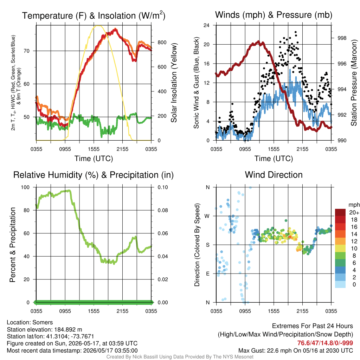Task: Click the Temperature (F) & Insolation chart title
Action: click(94, 15)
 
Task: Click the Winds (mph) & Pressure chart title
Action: click(274, 15)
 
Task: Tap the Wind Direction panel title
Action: click(274, 175)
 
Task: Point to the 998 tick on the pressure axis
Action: click(342, 38)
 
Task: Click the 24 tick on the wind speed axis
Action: click(206, 25)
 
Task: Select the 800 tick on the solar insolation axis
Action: click(162, 43)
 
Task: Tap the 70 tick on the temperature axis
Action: click(27, 51)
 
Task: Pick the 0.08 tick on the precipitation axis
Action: click(163, 210)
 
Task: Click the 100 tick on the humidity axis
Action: click(25, 187)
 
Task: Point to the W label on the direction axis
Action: click(207, 216)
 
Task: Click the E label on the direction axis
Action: click(207, 274)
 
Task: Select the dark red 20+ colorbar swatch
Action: click(340, 212)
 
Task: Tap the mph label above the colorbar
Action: click(354, 205)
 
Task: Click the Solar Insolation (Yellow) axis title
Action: click(174, 83)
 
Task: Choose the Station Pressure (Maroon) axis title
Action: click(354, 83)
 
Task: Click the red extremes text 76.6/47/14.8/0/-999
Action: click(325, 343)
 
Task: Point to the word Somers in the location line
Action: click(43, 322)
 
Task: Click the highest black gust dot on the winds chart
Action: click(296, 32)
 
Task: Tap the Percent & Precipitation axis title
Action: click(13, 245)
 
